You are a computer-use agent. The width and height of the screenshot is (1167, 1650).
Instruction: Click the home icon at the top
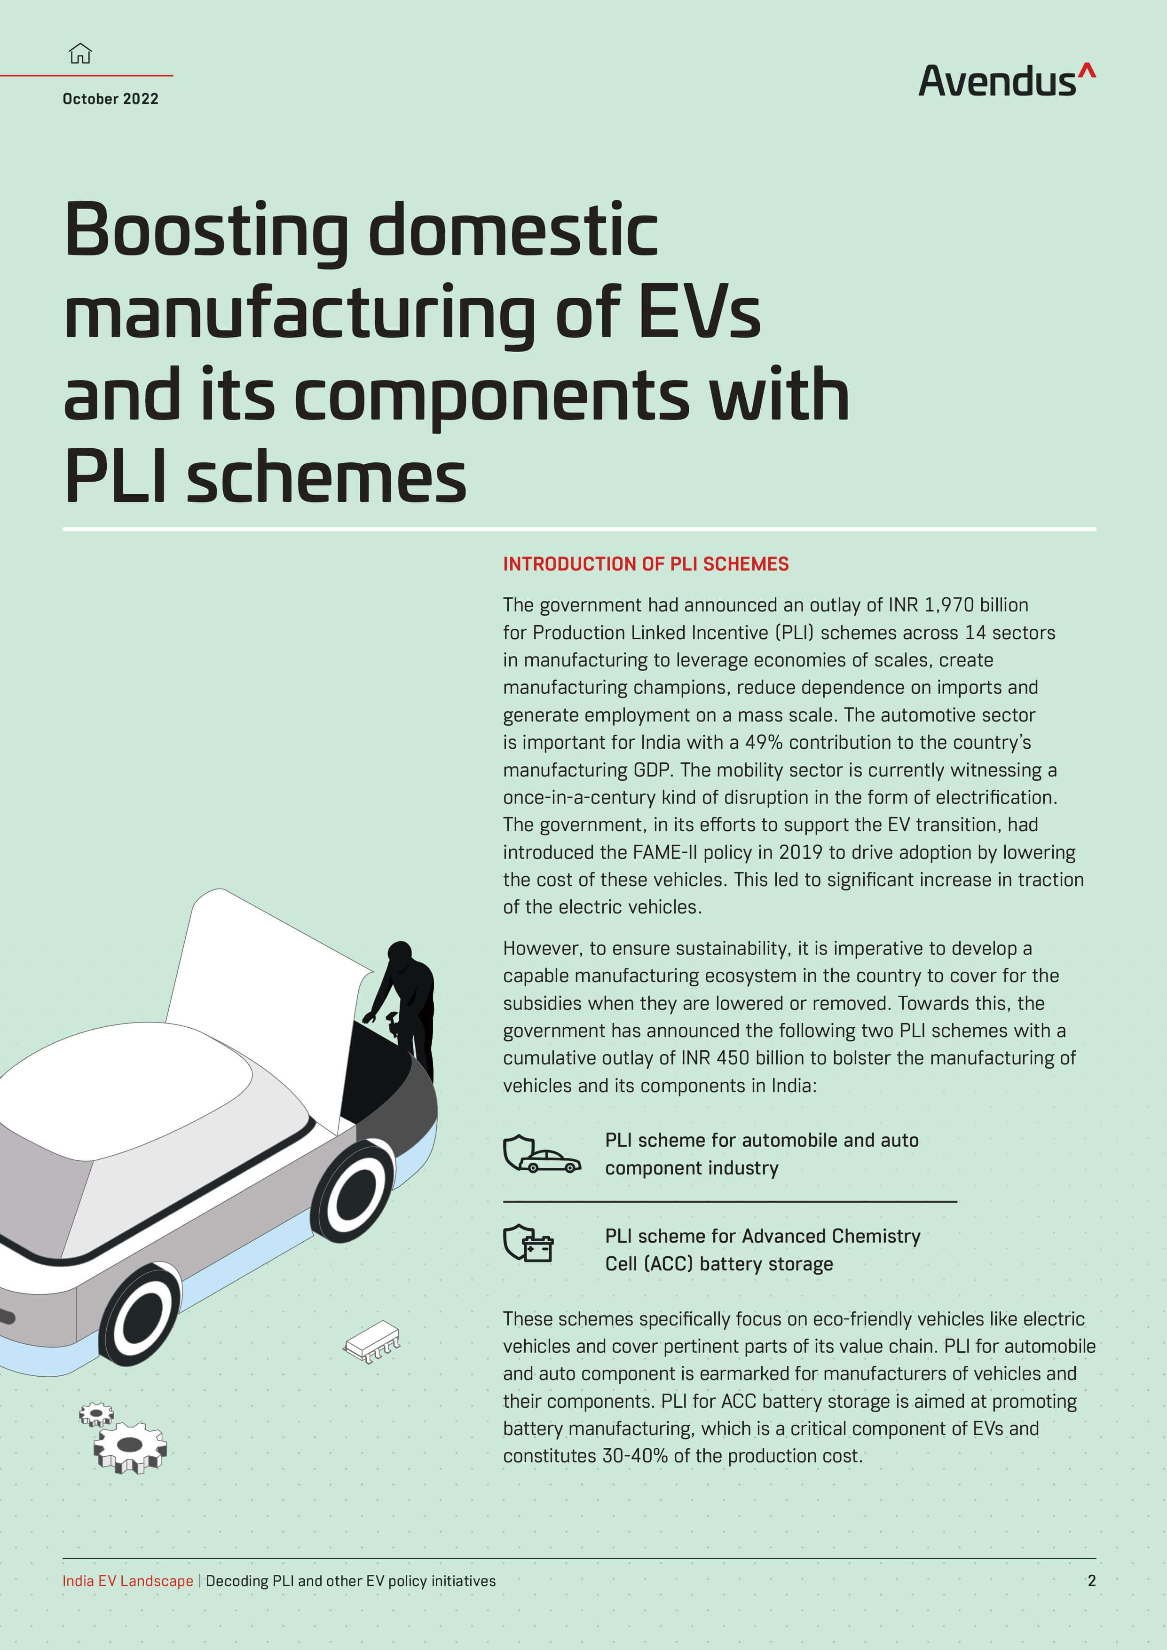80,53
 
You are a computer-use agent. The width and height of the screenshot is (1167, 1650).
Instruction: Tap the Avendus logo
1007,80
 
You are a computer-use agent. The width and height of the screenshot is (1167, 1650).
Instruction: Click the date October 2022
110,98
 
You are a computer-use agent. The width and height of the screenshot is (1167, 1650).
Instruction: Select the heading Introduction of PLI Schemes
645,564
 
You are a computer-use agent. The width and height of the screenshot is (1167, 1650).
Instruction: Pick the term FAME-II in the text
665,852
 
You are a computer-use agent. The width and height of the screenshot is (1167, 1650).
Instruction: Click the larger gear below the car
130,1447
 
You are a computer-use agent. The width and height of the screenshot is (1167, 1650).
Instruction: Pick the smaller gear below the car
96,1415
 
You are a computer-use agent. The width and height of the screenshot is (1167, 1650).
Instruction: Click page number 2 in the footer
1092,1580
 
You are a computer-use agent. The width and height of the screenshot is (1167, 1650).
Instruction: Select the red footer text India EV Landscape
128,1580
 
